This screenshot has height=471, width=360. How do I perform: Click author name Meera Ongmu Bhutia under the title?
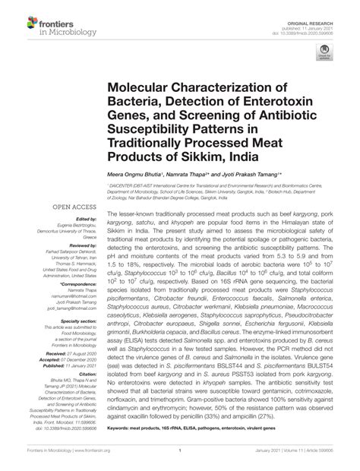[x=133, y=173]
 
